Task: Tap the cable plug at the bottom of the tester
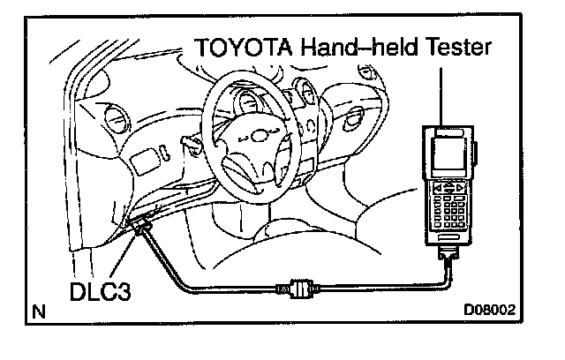click(448, 258)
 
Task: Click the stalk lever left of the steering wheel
click(188, 141)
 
